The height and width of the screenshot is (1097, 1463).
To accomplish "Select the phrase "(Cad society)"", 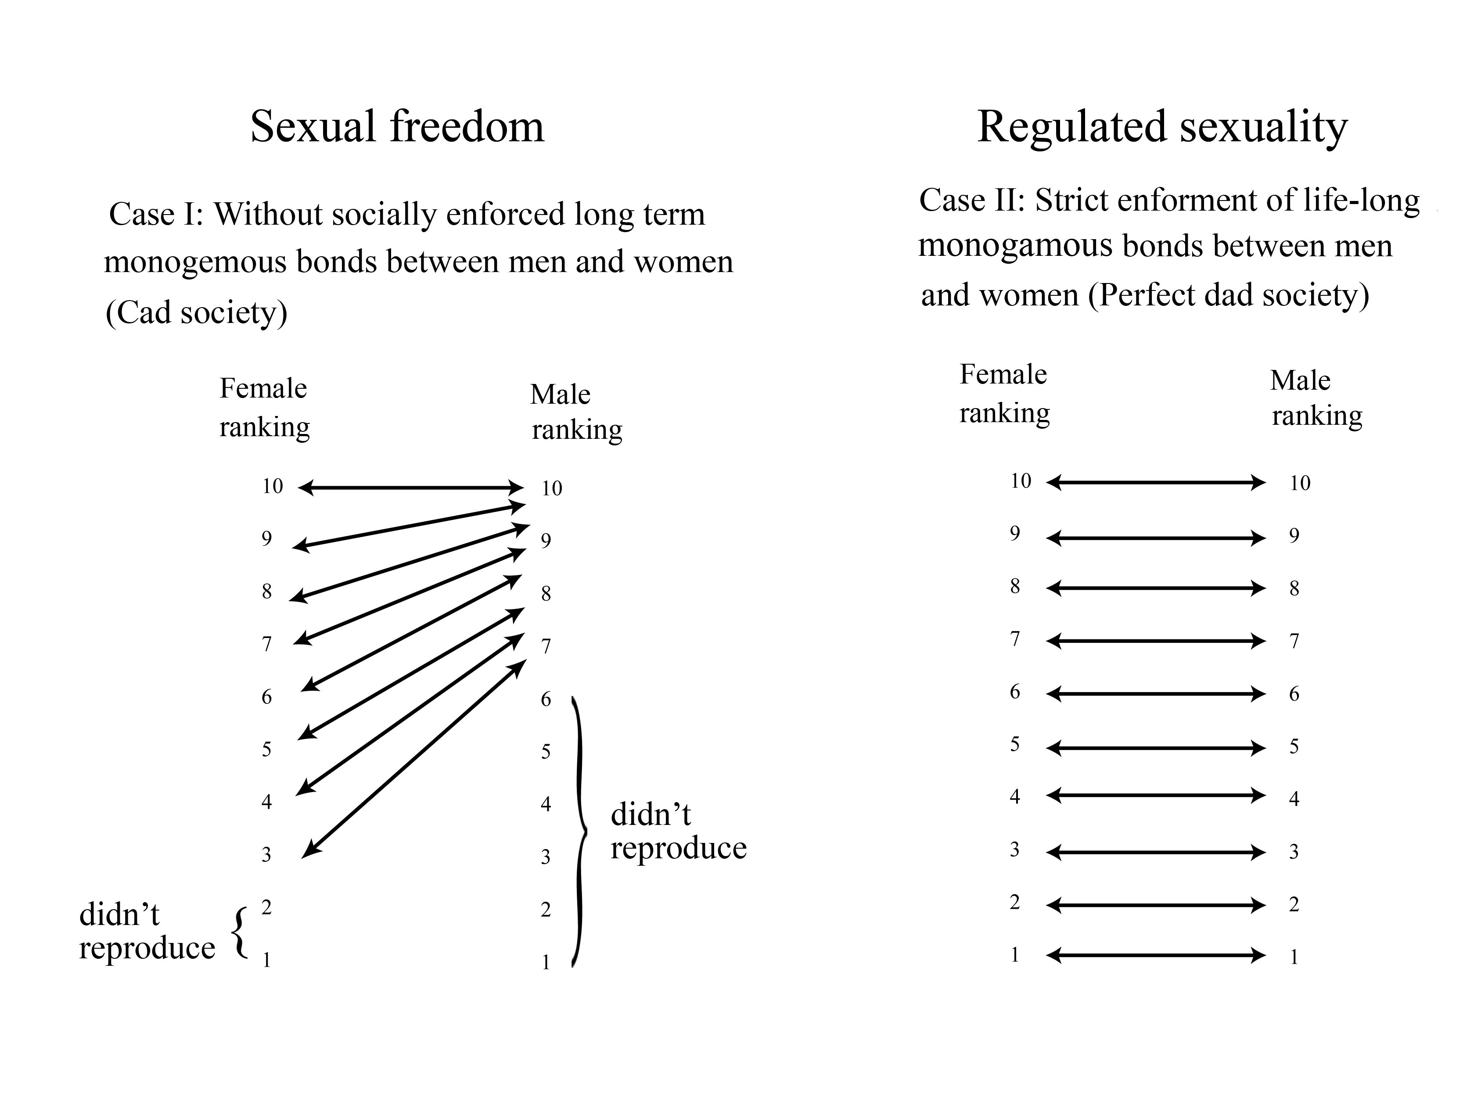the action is click(197, 313).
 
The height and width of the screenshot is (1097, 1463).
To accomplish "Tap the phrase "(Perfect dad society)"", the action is click(1229, 295).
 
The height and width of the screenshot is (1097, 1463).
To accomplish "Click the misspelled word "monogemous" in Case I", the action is click(195, 262).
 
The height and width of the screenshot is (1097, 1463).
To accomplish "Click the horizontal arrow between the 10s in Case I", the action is click(411, 488).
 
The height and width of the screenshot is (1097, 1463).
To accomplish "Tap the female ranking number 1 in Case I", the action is click(266, 960).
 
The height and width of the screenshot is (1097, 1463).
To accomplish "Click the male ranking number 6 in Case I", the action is click(546, 699).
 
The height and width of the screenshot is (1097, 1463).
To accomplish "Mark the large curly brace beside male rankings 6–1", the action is click(580, 831).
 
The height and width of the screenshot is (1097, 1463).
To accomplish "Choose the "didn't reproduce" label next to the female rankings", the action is click(147, 931).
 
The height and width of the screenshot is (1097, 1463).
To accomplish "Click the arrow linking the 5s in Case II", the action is click(1155, 748).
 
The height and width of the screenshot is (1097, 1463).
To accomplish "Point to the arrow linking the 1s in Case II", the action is click(1155, 955).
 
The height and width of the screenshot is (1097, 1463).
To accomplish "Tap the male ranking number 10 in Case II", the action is click(1300, 484).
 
